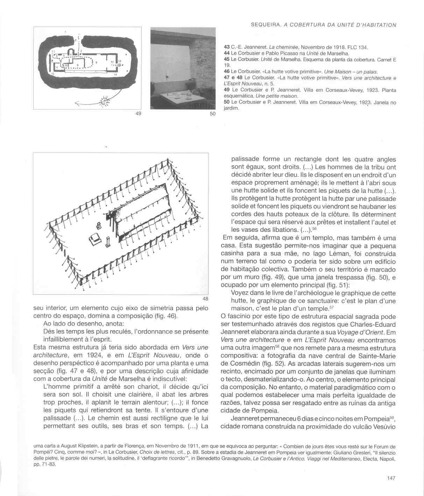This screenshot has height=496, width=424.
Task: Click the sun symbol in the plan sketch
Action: [104, 102]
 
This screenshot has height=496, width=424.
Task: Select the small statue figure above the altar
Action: [99, 225]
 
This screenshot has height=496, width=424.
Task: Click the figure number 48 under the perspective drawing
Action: [205, 299]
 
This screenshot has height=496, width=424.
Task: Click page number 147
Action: [391, 478]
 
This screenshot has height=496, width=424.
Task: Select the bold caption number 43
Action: [227, 47]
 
